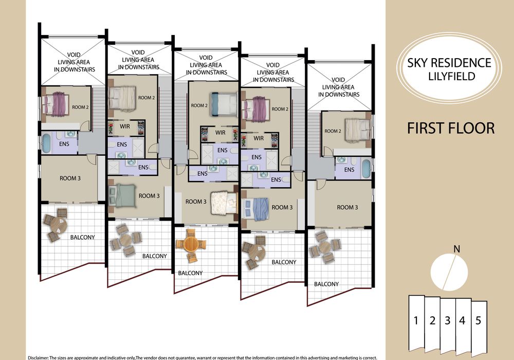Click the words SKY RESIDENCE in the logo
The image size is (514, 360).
click(x=449, y=63)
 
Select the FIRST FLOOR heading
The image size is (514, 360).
click(x=451, y=128)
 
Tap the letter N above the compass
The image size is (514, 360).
click(x=456, y=249)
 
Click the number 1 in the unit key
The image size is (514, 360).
click(x=416, y=320)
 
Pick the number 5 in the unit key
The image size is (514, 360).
click(x=478, y=320)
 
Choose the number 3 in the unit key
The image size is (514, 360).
click(x=448, y=320)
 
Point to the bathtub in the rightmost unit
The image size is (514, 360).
click(x=366, y=168)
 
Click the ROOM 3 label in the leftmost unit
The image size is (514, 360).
click(x=70, y=178)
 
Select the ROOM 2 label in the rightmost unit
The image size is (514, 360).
click(x=333, y=131)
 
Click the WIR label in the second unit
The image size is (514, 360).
click(x=124, y=126)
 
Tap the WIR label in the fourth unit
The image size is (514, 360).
click(x=259, y=138)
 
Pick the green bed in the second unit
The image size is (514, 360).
click(x=122, y=195)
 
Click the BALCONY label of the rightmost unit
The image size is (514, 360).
click(x=326, y=284)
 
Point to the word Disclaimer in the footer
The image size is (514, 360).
click(x=38, y=358)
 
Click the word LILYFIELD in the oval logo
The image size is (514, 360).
click(x=452, y=76)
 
